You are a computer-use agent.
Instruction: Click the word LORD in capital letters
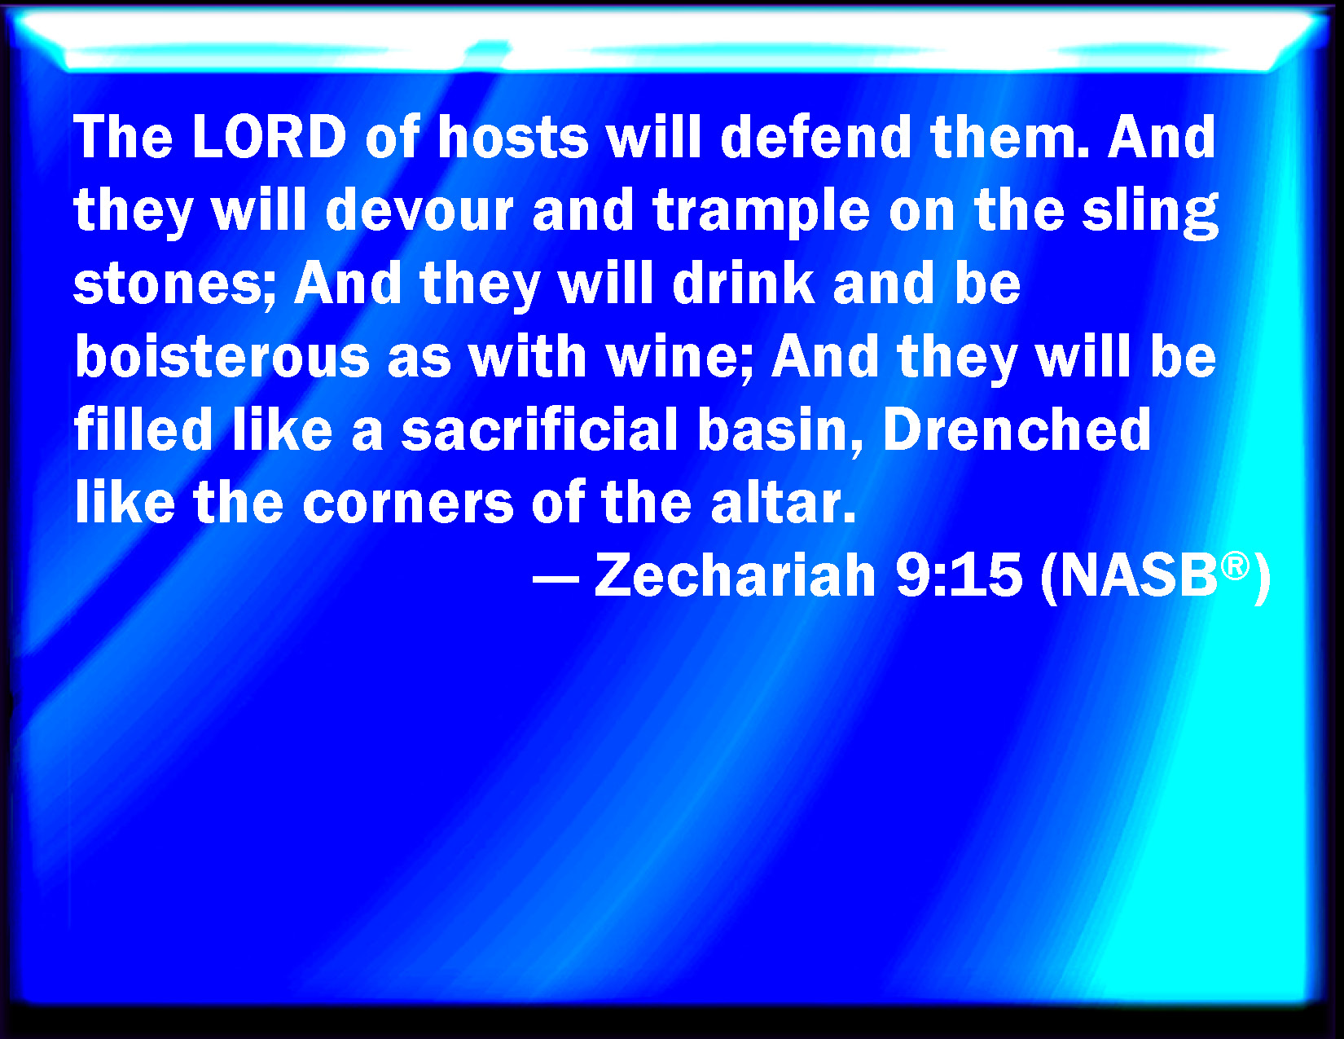pos(270,137)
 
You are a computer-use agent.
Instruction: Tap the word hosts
pos(512,137)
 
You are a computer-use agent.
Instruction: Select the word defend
pos(816,137)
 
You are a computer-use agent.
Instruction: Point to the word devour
pos(419,210)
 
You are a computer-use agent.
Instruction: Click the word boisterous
pos(222,357)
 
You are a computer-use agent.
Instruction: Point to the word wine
pos(679,357)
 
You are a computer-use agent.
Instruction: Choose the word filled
pos(143,429)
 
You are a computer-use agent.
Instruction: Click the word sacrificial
pos(540,429)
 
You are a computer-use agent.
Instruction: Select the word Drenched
pos(1017,429)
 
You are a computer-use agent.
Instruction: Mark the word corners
pos(408,503)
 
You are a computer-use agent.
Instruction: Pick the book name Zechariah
pos(735,575)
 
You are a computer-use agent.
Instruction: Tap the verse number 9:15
pos(960,575)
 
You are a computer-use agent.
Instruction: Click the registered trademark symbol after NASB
pos(1235,567)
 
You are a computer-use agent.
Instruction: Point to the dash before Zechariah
pos(556,580)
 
